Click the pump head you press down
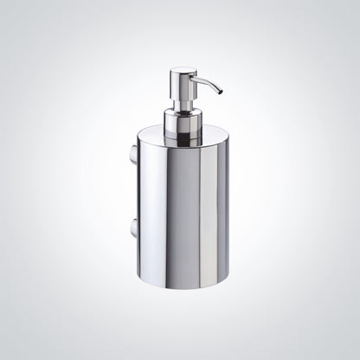[x=183, y=83]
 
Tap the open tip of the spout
[x=220, y=91]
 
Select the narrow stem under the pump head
[x=183, y=105]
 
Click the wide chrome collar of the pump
[x=183, y=125]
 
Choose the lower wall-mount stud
[x=132, y=228]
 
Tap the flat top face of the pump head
[x=183, y=70]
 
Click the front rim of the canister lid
[x=183, y=146]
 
